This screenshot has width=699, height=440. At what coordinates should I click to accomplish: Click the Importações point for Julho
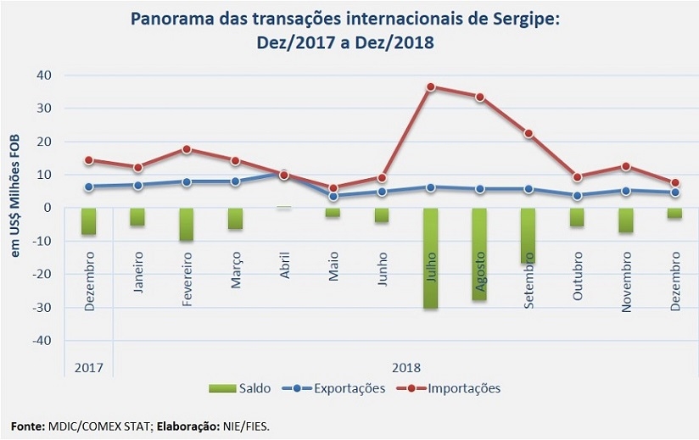pos(431,87)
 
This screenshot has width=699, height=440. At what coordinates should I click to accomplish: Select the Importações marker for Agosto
pos(479,97)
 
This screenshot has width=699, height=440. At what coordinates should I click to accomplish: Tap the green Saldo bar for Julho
pos(431,258)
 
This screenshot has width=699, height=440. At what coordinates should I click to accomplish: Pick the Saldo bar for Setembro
pos(528,236)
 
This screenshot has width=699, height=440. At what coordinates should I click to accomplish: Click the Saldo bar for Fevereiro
pos(186,225)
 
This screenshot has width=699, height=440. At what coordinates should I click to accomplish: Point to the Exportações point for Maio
pos(333,196)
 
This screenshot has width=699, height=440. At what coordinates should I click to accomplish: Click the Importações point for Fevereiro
pos(186,149)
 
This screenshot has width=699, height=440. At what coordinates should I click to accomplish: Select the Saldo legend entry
pos(240,388)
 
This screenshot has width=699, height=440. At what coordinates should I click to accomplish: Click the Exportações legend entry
pos(336,388)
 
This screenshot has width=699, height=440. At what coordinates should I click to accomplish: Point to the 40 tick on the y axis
pos(44,75)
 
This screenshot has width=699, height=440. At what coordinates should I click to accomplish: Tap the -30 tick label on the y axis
pos(42,307)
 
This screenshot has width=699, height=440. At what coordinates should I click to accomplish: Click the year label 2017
pos(88,367)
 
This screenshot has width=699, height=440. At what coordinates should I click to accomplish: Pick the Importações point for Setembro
pos(528,133)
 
